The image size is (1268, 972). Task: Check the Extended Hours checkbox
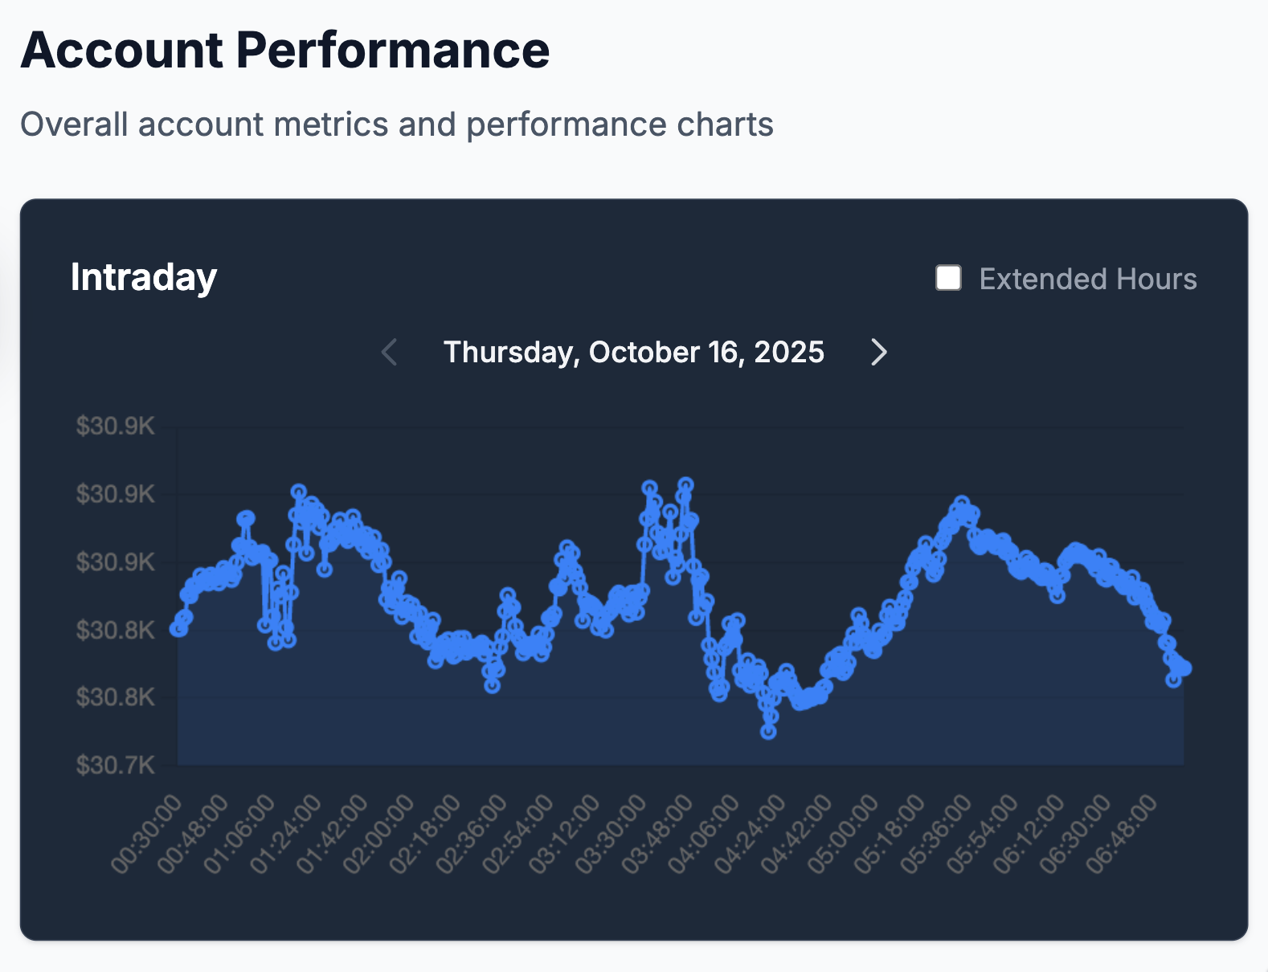[948, 278]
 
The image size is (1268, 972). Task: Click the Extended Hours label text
[1087, 280]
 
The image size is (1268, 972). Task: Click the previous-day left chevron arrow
[390, 352]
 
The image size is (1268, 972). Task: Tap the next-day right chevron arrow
[879, 352]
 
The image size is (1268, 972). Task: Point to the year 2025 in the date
[789, 353]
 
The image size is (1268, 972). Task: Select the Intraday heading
[143, 277]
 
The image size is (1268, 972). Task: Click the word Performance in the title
[392, 51]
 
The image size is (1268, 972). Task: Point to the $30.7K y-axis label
[115, 765]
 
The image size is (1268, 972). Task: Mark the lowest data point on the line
[769, 732]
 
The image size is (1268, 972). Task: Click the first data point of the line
[178, 629]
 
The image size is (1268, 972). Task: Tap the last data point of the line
[1184, 668]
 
